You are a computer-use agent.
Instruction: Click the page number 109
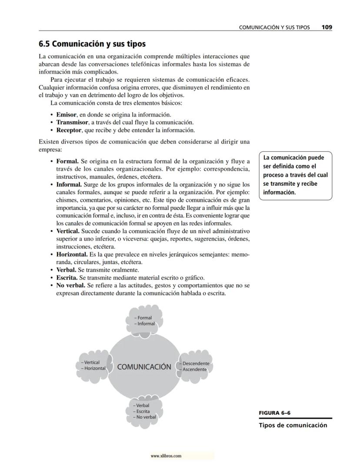point(327,27)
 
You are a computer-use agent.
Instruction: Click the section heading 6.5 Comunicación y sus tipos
point(92,44)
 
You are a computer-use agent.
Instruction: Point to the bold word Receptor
point(69,130)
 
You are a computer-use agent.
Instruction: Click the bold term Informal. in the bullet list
point(69,185)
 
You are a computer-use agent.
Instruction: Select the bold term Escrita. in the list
point(67,278)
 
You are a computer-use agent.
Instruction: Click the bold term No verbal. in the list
point(70,285)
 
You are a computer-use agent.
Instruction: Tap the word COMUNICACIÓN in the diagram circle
point(144,367)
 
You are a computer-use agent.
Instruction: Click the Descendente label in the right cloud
point(196,363)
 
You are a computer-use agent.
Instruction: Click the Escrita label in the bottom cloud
point(143,411)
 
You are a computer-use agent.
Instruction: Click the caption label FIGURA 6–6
point(274,413)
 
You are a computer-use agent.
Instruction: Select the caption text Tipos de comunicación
point(293,425)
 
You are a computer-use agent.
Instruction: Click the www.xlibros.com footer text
point(166,456)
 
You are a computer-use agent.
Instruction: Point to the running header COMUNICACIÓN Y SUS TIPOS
point(274,27)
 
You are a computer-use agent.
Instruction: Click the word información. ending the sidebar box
point(280,192)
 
